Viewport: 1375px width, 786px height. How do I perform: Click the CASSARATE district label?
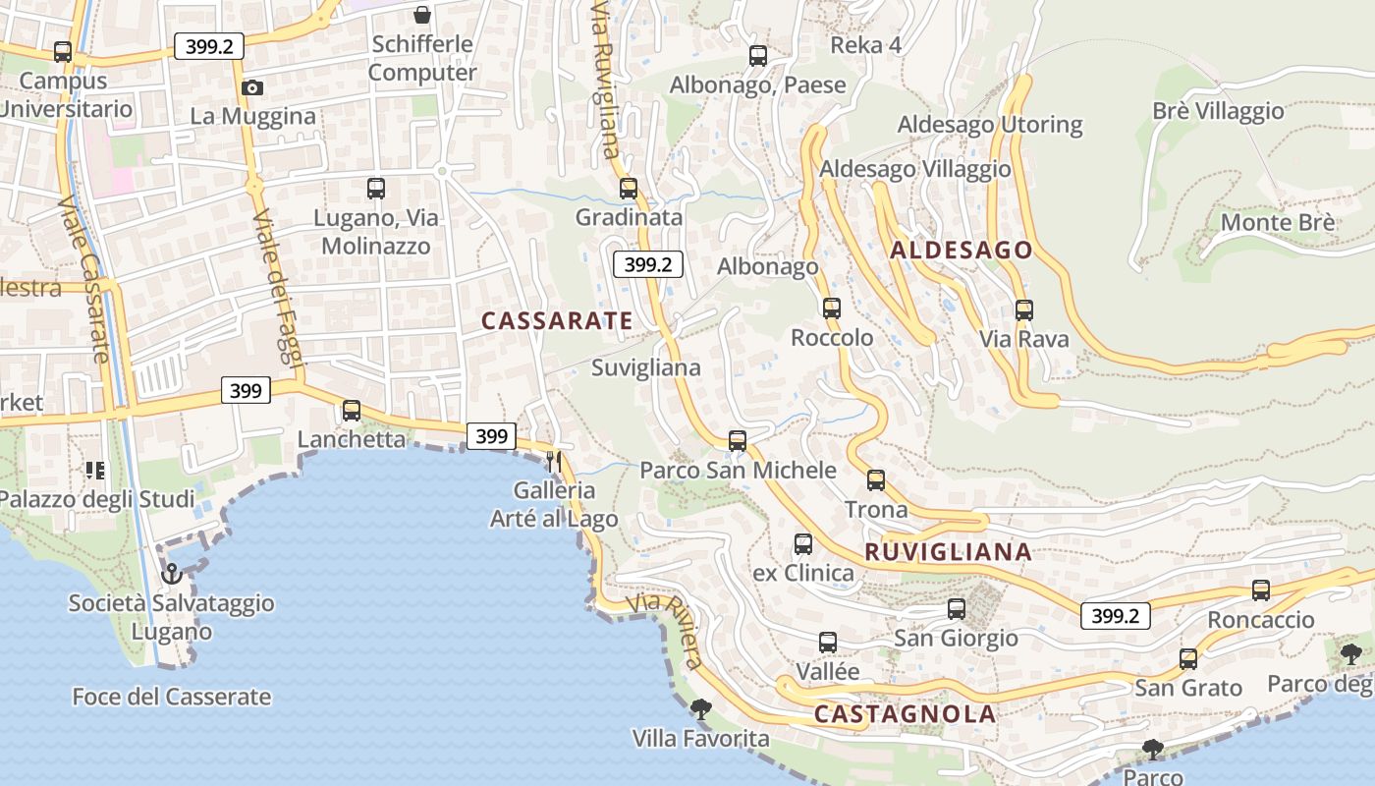tap(557, 320)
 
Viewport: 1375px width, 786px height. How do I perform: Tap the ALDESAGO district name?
tap(962, 251)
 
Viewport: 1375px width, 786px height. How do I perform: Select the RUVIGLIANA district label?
tap(948, 552)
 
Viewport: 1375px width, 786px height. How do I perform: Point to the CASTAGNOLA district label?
tap(905, 714)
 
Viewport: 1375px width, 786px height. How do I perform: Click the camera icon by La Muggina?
tap(252, 87)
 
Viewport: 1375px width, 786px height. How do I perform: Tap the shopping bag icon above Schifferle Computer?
tap(422, 15)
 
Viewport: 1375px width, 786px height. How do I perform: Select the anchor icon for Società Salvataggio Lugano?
tap(172, 573)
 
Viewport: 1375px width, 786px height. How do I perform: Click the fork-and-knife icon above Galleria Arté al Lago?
tap(555, 461)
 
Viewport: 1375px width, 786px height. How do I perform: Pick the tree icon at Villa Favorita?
tap(700, 708)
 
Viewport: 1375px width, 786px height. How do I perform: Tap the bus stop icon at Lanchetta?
tap(352, 411)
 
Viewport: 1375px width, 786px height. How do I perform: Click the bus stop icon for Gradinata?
tap(629, 189)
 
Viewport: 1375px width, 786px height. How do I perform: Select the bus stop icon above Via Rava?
tap(1024, 310)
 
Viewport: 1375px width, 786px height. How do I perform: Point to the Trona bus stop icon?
tap(876, 480)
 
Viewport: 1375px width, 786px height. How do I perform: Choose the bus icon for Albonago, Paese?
tap(758, 56)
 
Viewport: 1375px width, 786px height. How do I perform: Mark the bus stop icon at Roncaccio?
tap(1261, 590)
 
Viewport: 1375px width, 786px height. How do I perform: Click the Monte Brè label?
tap(1277, 222)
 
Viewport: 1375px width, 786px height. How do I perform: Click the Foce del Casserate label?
tap(172, 697)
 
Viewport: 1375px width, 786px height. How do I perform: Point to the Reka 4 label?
tap(865, 45)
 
